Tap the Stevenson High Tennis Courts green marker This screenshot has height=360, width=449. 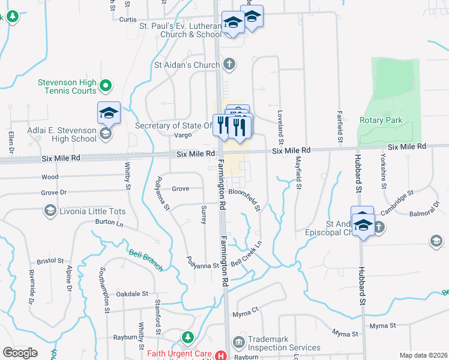tap(105, 86)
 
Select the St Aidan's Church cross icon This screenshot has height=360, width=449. tap(228, 64)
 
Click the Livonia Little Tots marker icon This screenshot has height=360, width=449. tap(49, 211)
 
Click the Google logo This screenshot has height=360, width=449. tap(20, 353)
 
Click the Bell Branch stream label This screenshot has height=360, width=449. tap(146, 260)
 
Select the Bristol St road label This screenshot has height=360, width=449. tap(50, 261)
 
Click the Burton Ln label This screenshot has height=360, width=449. tap(109, 223)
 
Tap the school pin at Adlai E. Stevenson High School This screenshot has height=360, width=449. tap(109, 113)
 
